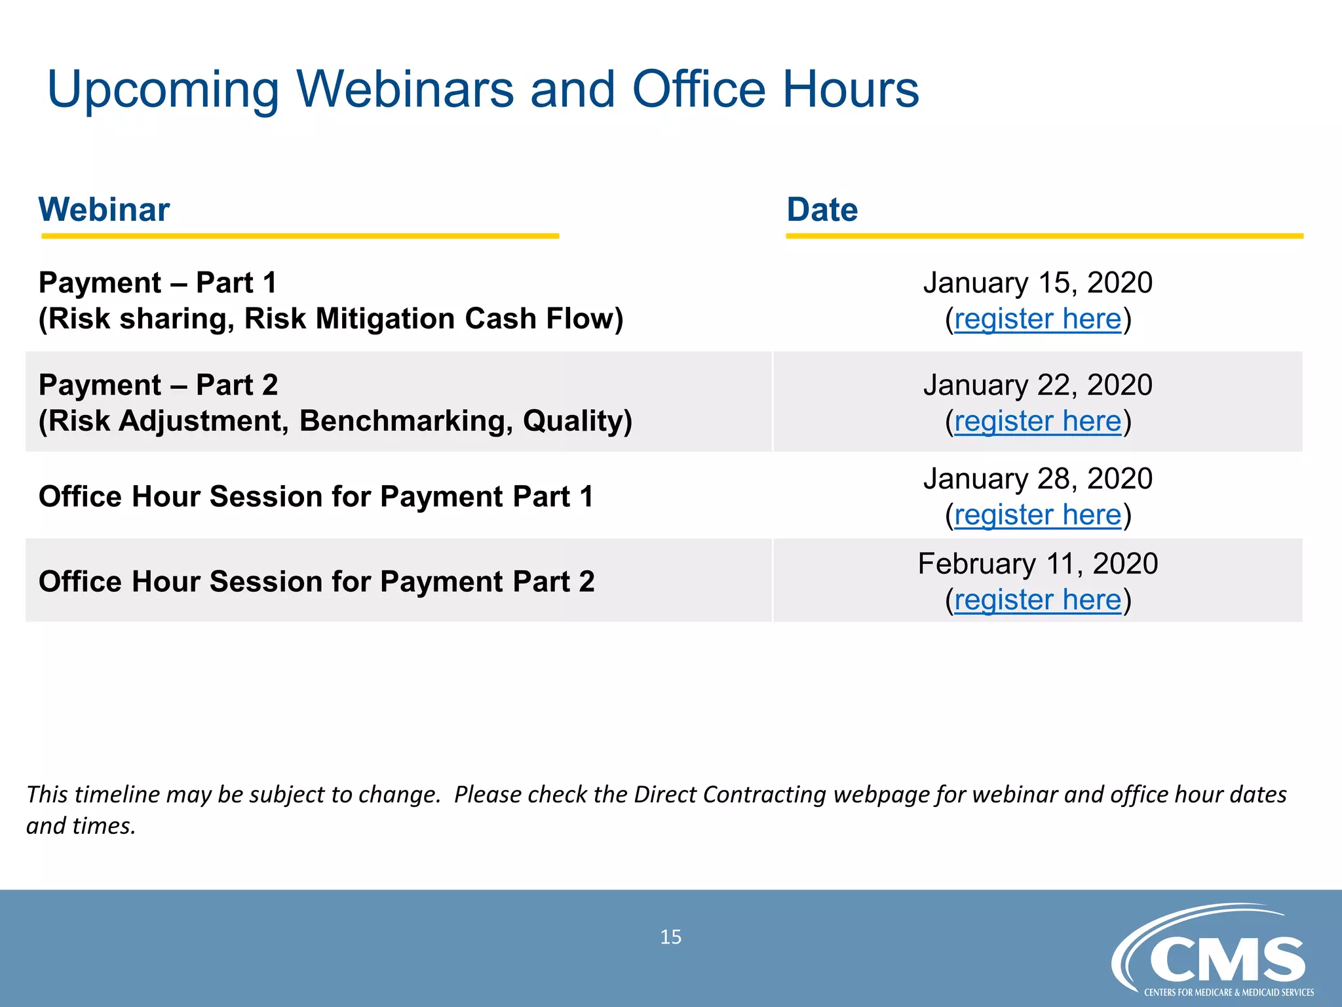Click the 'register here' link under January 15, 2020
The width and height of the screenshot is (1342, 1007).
tap(1037, 319)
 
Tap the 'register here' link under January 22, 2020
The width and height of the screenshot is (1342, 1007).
tap(1037, 422)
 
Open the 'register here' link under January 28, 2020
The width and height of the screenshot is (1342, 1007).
tap(1037, 515)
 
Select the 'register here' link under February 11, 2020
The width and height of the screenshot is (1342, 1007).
tap(1037, 600)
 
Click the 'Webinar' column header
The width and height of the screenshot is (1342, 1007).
tap(104, 210)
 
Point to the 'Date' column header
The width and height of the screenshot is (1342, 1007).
tap(822, 210)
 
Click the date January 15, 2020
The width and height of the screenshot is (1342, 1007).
tap(1037, 283)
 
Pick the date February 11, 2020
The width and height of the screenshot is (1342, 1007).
tap(1037, 564)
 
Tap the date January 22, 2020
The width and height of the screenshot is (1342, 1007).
tap(1037, 385)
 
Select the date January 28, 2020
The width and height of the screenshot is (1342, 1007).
tap(1037, 479)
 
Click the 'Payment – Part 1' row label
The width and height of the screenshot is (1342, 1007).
tap(158, 283)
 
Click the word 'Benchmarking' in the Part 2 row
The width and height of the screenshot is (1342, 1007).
tap(406, 422)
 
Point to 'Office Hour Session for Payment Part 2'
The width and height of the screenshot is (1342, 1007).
tap(316, 582)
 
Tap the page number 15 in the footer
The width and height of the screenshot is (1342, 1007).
tap(670, 937)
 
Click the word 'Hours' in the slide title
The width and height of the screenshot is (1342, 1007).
tap(851, 89)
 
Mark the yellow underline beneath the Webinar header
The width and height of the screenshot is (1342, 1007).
tap(300, 235)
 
